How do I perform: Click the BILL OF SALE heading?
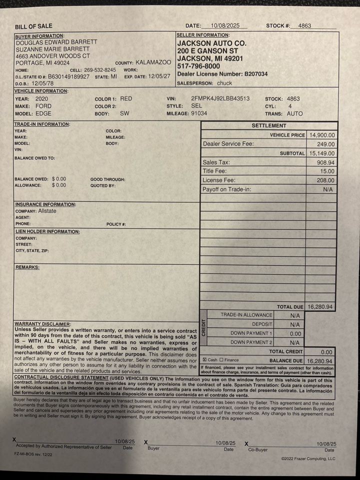[33, 26]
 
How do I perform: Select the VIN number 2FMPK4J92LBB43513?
[220, 99]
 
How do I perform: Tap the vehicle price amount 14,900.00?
[322, 135]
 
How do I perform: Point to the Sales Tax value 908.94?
[326, 162]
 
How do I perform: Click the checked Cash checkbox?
[204, 360]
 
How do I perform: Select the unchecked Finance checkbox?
[221, 360]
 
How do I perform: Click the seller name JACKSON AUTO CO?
[211, 43]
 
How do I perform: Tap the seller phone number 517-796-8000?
[198, 66]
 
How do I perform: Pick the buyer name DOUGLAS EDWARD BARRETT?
[56, 42]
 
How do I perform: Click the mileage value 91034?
[199, 113]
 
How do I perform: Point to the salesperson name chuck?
[224, 83]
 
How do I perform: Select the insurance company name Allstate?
[47, 211]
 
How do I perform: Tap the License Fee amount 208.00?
[326, 180]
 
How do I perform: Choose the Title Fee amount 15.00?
[328, 171]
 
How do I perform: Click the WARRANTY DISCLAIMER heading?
[43, 324]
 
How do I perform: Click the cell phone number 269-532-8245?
[99, 70]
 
